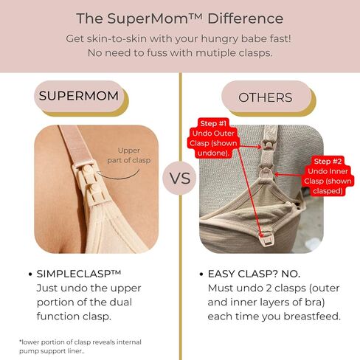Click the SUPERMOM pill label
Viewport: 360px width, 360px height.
[x=79, y=96]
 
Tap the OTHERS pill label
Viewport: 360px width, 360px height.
[x=265, y=97]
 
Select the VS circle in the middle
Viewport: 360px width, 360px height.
[x=180, y=178]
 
